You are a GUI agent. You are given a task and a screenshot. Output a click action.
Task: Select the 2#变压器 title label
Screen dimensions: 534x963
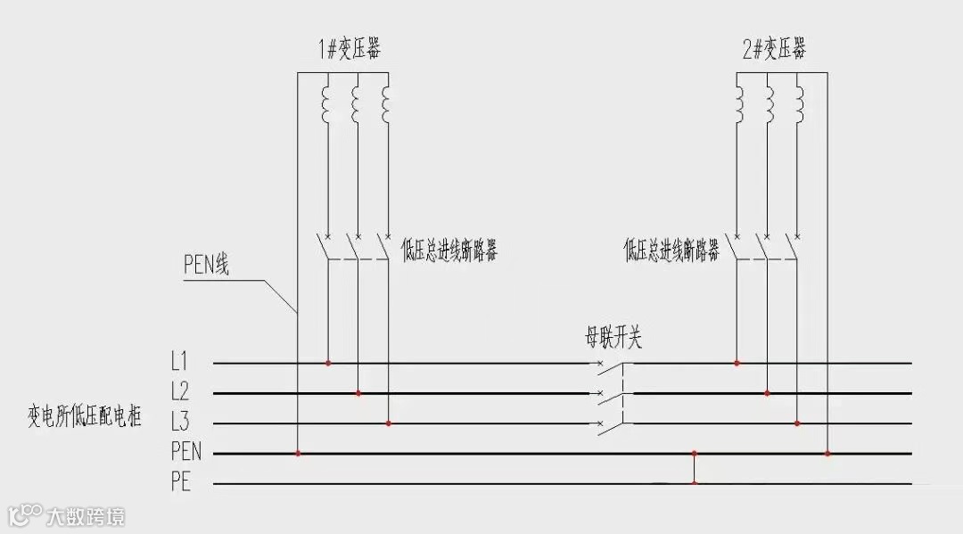tap(773, 49)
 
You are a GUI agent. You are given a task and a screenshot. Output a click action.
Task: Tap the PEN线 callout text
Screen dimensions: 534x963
tap(206, 265)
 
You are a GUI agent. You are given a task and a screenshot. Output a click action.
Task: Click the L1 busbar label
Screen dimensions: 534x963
tap(179, 363)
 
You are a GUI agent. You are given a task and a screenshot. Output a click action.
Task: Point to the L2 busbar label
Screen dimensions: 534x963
tap(180, 392)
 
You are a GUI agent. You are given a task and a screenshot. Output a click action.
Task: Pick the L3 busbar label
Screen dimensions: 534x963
tap(180, 423)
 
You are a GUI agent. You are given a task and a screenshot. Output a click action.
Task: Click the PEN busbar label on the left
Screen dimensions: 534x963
tap(185, 452)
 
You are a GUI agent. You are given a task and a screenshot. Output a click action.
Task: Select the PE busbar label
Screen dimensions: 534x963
tap(180, 483)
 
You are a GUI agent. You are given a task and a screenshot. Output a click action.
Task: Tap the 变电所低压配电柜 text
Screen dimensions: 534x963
tap(86, 415)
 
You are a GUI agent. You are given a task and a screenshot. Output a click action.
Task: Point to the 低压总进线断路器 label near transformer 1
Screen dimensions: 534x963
tap(449, 251)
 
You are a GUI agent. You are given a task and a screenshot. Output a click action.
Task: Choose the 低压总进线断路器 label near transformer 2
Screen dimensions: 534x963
tap(671, 251)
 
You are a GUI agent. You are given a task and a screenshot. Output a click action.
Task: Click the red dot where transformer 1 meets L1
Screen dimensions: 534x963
tap(328, 363)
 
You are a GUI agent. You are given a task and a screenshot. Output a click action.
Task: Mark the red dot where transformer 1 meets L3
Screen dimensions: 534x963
tap(388, 423)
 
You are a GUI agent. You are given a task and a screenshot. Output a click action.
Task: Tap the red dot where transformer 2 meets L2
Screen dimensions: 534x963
tap(767, 392)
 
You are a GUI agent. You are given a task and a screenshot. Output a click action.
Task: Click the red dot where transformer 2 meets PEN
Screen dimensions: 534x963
tap(827, 453)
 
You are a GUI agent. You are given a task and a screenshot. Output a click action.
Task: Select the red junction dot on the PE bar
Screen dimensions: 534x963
tap(694, 483)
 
